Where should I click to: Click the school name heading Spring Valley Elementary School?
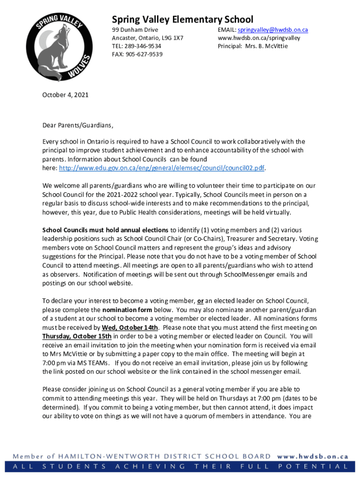pyautogui.click(x=182, y=19)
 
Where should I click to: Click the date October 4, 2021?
pyautogui.click(x=65, y=95)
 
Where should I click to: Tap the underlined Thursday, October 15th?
pyautogui.click(x=77, y=336)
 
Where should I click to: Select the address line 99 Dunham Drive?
pyautogui.click(x=135, y=30)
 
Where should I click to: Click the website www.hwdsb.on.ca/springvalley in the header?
pyautogui.click(x=259, y=38)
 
